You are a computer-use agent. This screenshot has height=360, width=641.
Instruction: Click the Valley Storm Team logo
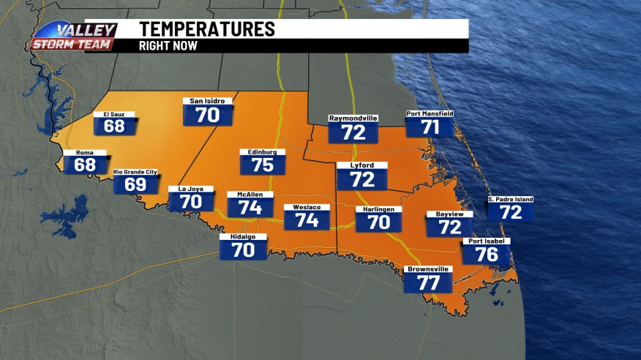pos(73,37)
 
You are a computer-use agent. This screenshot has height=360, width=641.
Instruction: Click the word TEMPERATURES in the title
pos(207,29)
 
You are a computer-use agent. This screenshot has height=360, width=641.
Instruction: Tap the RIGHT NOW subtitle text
pos(168,45)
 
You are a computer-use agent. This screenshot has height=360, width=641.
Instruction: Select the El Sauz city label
pos(114,114)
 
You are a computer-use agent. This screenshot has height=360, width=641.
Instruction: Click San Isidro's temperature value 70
pos(208,115)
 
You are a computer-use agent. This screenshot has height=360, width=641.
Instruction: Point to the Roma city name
pos(85,152)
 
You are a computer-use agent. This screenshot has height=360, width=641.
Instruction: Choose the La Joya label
pos(191,189)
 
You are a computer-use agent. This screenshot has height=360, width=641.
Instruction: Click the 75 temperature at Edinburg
pos(262,165)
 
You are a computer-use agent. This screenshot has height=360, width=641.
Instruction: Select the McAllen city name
pos(250,195)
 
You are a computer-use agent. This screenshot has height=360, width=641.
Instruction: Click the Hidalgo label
pos(244,237)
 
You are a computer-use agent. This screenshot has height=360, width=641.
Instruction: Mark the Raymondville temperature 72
pos(353,132)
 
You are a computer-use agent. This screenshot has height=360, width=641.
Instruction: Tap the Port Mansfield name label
pos(430,114)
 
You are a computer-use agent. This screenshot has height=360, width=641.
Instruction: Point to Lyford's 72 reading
pos(362,179)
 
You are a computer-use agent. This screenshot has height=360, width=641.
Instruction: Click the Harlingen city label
pos(378,209)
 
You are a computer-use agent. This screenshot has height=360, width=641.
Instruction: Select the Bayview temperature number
pos(449,227)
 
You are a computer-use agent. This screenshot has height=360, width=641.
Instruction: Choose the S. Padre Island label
pos(511,199)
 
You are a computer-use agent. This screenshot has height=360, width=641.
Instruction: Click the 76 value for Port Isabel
pos(487,254)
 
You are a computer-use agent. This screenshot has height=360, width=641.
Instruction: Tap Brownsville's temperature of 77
pos(428,282)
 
